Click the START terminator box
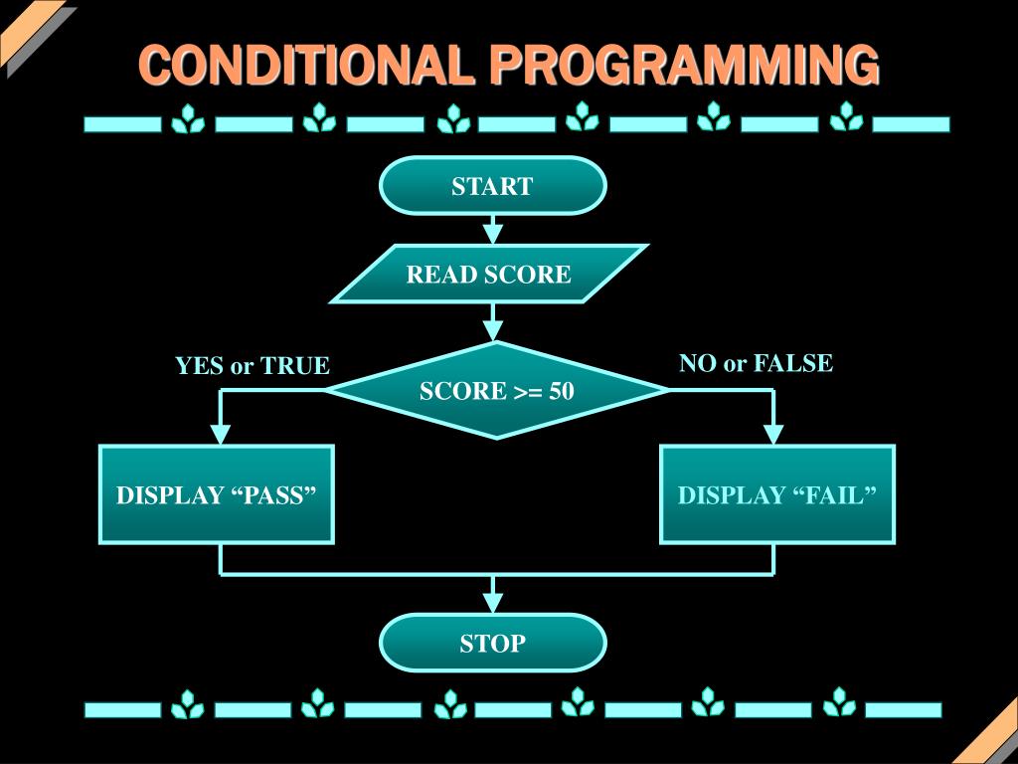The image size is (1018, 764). pos(492,186)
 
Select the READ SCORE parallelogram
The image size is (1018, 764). pos(488,274)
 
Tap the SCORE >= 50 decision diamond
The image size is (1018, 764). pos(496,391)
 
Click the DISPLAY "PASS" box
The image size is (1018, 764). pos(217,494)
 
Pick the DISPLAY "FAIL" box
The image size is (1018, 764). pos(777,494)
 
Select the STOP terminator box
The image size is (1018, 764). pos(492,643)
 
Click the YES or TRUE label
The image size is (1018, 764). pos(252,366)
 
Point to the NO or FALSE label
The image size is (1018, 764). pos(756,363)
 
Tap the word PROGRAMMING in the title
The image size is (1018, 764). pos(684,66)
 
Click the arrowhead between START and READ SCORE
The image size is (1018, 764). pos(492,235)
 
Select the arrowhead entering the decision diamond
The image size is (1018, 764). pos(492,330)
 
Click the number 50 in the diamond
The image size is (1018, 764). pos(561,391)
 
